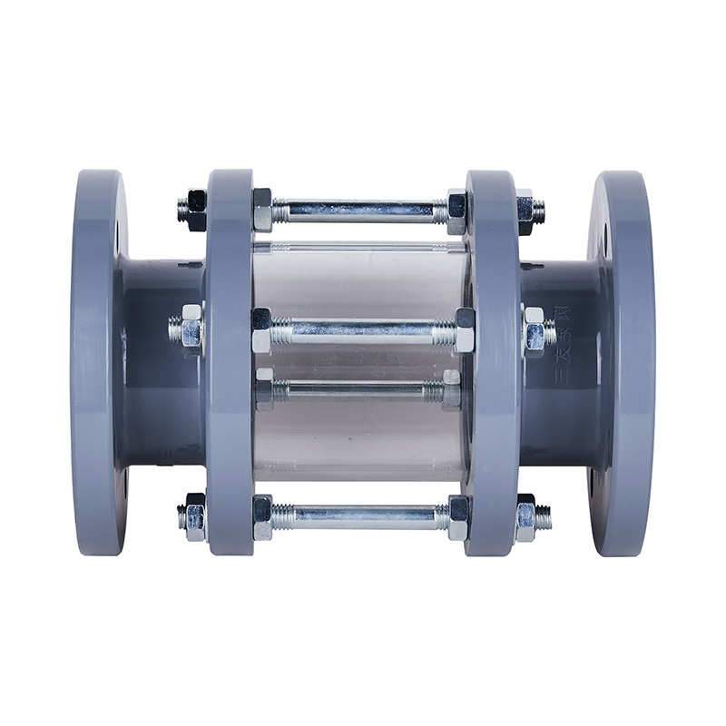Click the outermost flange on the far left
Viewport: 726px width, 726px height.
click(x=97, y=363)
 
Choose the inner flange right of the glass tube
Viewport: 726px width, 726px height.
click(x=493, y=363)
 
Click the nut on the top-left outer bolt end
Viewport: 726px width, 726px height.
click(x=194, y=211)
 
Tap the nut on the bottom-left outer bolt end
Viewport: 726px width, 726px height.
click(x=194, y=517)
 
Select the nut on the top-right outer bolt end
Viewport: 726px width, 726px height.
click(x=525, y=211)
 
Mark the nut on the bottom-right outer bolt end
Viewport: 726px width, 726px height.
click(x=525, y=517)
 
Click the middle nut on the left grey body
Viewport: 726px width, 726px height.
click(x=191, y=328)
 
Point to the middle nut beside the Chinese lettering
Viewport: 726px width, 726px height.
click(x=533, y=329)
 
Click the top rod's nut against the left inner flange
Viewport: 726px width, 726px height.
click(x=262, y=211)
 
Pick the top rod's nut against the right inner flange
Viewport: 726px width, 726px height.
click(x=457, y=211)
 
